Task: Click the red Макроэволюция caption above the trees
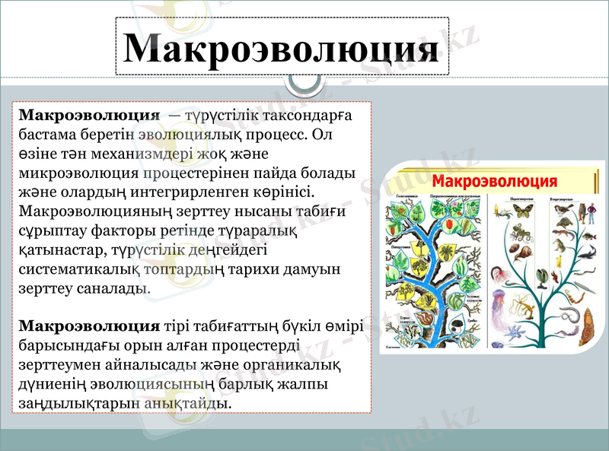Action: click(495, 182)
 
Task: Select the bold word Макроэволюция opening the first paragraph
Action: click(88, 115)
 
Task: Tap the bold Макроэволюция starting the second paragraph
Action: click(88, 326)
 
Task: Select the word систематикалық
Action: click(77, 268)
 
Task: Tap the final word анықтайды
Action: click(187, 402)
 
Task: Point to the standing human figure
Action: click(591, 213)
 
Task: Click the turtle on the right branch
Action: click(564, 222)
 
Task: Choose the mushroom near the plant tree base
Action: click(457, 326)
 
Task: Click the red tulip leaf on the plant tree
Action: click(449, 224)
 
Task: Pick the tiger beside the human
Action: click(582, 211)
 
